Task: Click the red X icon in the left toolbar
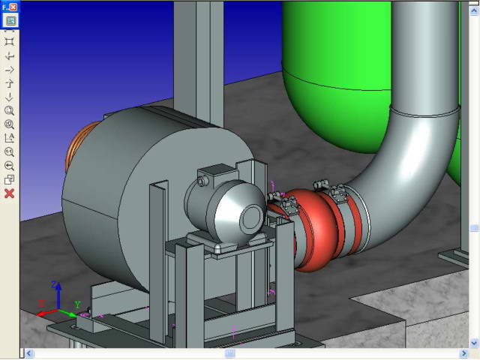(x=10, y=193)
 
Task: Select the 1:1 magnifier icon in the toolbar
(x=10, y=151)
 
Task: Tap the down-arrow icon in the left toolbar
(x=10, y=97)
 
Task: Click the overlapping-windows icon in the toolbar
(x=10, y=180)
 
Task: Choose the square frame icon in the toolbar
(x=10, y=42)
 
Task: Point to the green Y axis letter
(x=77, y=304)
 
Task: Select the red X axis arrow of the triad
(x=46, y=313)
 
